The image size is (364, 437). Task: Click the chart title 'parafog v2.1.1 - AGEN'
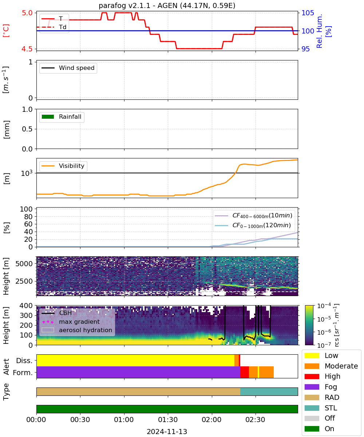click(138, 5)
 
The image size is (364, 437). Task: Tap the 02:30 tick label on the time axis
click(255, 420)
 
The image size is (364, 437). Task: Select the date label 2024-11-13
click(167, 432)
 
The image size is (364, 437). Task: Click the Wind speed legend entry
click(68, 68)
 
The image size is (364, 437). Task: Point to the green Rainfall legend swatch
click(48, 117)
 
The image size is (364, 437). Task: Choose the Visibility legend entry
click(63, 166)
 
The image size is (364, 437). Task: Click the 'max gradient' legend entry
click(71, 322)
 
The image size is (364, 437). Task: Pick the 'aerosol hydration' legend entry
click(77, 330)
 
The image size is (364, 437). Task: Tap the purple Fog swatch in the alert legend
click(312, 387)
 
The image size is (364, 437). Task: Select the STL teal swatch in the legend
click(312, 408)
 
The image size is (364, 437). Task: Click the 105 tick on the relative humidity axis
click(308, 13)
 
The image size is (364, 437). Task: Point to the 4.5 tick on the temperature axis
click(27, 49)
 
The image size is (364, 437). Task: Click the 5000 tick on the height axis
click(24, 264)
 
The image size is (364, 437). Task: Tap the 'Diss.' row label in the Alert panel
click(24, 361)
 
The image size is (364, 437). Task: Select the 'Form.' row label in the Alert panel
click(23, 373)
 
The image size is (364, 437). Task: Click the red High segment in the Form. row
click(245, 372)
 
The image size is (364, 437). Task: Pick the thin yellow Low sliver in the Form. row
click(258, 372)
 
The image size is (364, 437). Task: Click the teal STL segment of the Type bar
click(269, 391)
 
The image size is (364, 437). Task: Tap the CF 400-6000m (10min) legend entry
click(253, 215)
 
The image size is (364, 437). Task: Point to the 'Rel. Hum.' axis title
click(319, 31)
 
